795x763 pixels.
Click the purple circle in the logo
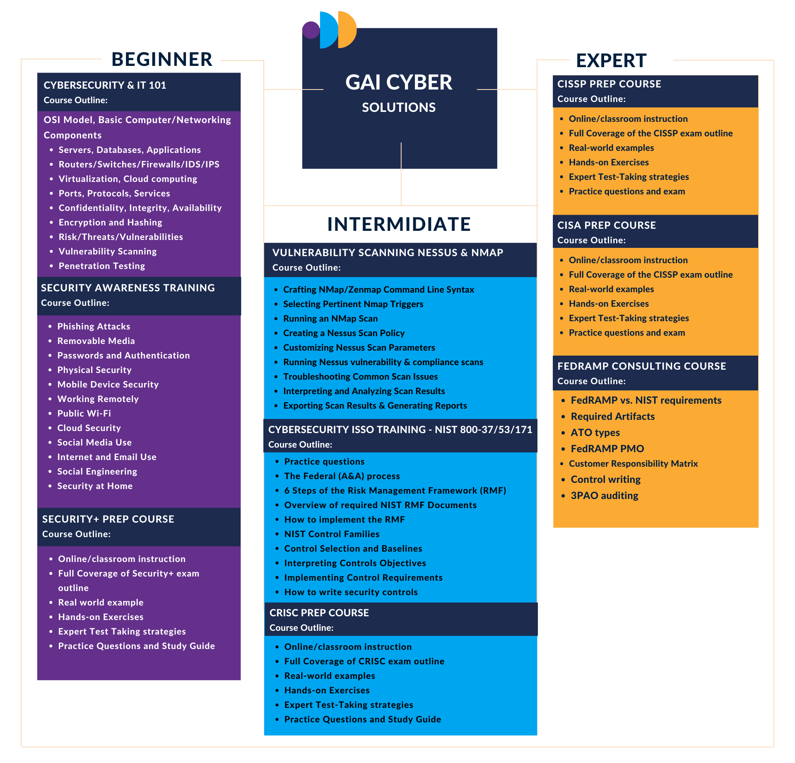click(311, 30)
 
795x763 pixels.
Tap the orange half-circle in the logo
click(347, 30)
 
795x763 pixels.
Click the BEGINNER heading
click(162, 59)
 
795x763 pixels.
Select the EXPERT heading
click(611, 61)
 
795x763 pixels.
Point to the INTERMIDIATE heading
click(399, 224)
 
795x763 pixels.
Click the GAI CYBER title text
click(399, 82)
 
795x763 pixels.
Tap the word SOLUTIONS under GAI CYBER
click(399, 107)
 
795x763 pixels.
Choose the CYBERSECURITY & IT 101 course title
click(105, 85)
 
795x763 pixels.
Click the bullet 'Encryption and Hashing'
click(111, 223)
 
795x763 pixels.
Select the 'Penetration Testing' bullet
click(102, 266)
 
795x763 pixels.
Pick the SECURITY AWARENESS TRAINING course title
click(128, 288)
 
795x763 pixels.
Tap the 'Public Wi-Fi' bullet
click(84, 414)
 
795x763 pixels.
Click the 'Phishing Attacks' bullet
click(94, 327)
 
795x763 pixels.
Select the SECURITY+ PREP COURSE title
click(108, 519)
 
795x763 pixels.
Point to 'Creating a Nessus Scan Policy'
click(344, 333)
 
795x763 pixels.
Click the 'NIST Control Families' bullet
click(332, 534)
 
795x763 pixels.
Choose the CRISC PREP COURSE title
click(319, 613)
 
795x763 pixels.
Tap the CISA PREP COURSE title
click(607, 225)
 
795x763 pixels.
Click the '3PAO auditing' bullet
click(605, 496)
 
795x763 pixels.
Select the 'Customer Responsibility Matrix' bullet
click(634, 464)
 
